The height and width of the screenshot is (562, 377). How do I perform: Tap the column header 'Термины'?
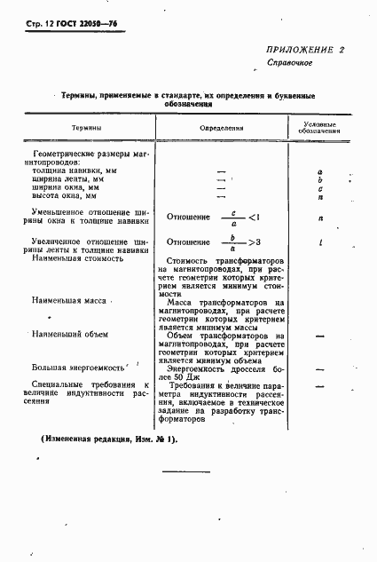86,128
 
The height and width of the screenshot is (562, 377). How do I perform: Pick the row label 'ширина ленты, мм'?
77,178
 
